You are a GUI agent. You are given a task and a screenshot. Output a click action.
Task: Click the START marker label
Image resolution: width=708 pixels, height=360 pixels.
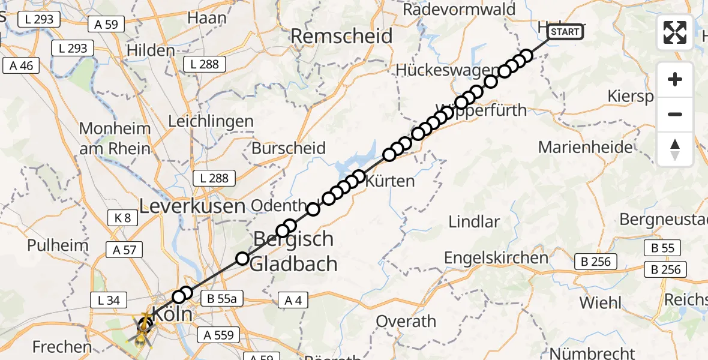pyautogui.click(x=565, y=32)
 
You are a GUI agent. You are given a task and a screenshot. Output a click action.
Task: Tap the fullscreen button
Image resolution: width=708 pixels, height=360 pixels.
pyautogui.click(x=675, y=32)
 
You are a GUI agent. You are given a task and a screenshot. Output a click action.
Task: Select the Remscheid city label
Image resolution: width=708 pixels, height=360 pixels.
pyautogui.click(x=341, y=36)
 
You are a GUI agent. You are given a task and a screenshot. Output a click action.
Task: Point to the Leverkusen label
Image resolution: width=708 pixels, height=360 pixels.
pyautogui.click(x=193, y=206)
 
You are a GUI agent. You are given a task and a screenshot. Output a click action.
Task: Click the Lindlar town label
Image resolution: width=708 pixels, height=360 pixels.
pyautogui.click(x=474, y=221)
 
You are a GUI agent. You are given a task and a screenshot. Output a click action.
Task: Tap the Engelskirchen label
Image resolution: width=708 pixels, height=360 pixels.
pyautogui.click(x=496, y=258)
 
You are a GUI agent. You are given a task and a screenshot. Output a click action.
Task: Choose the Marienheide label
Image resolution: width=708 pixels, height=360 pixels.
pyautogui.click(x=586, y=147)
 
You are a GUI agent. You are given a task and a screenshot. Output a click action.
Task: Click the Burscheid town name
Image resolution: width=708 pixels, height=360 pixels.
pyautogui.click(x=289, y=148)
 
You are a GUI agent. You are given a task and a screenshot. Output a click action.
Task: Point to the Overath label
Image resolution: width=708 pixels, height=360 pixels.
pyautogui.click(x=406, y=321)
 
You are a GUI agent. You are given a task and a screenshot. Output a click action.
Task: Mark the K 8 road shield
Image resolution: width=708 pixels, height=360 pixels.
pyautogui.click(x=119, y=218)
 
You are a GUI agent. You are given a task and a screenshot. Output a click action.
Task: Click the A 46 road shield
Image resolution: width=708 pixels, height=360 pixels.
pyautogui.click(x=22, y=66)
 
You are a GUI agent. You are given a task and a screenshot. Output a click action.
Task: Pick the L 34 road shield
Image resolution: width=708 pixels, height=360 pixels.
pyautogui.click(x=109, y=300)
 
